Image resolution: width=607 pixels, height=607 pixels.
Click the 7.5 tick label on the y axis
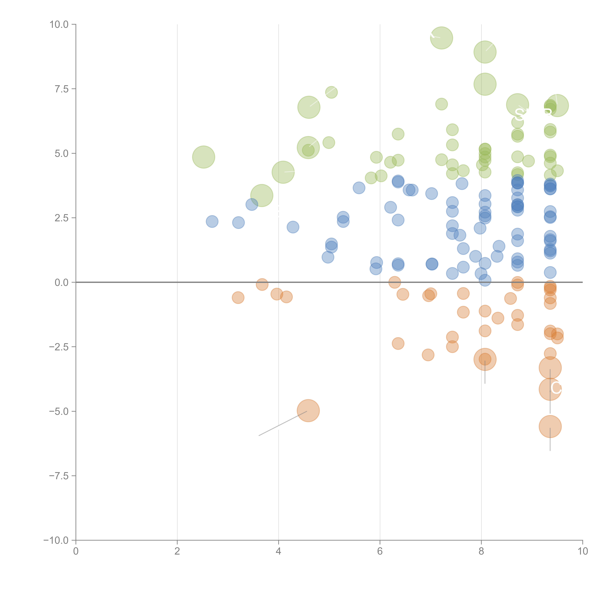pos(62,89)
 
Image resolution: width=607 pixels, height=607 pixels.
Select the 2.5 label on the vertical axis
pos(62,218)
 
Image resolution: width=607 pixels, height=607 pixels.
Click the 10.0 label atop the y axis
pos(59,25)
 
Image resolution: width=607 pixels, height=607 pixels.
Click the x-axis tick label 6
pos(380,551)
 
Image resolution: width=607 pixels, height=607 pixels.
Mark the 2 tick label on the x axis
pos(177,551)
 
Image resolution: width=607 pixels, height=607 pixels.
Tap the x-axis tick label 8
pos(481,551)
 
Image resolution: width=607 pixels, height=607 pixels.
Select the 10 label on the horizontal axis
pos(582,551)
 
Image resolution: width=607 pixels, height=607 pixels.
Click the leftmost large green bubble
pos(204,157)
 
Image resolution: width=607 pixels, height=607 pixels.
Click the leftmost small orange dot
pos(238,298)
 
